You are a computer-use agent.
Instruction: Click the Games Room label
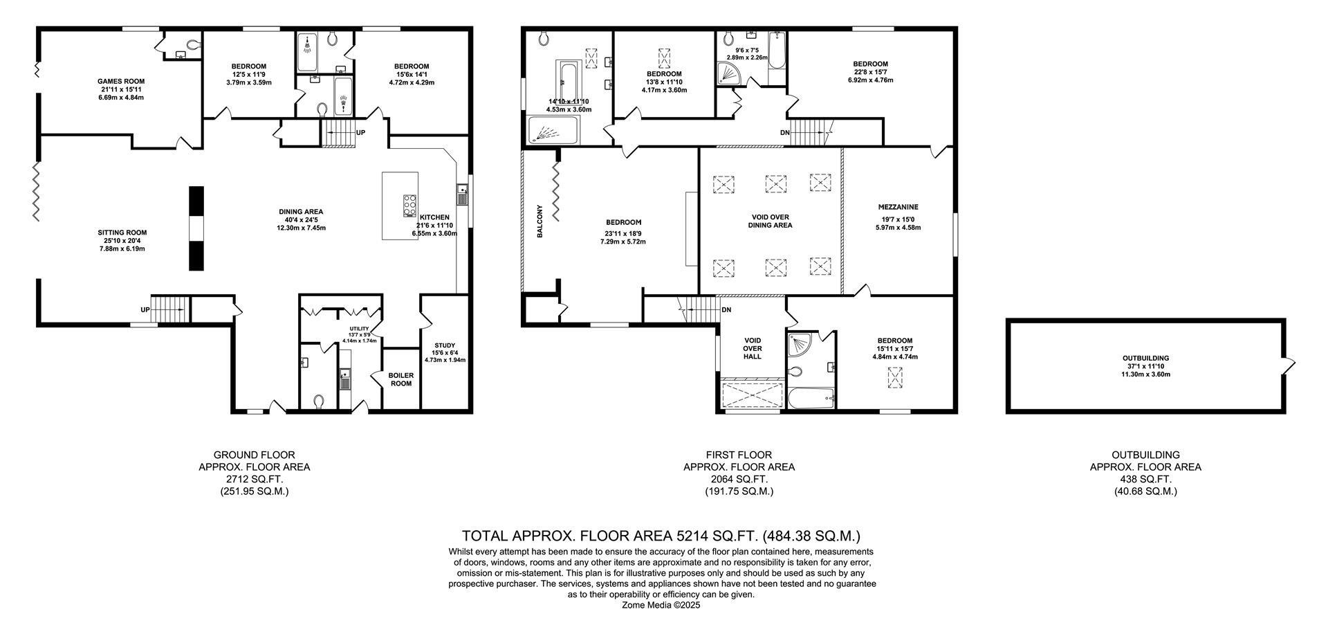121,81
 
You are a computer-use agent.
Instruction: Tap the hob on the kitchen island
409,206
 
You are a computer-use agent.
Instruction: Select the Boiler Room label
400,379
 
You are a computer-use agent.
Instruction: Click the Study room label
445,345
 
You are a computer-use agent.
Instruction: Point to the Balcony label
539,221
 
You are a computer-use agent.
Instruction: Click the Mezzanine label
898,207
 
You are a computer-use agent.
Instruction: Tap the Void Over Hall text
753,348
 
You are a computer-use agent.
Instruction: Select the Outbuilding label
1145,359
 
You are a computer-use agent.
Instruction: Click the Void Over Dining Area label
771,221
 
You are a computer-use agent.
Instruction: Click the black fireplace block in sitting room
196,228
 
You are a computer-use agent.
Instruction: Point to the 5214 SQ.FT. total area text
713,536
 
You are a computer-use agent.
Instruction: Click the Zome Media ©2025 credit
662,604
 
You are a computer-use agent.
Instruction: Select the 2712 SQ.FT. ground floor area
254,479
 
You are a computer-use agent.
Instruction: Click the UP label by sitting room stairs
145,309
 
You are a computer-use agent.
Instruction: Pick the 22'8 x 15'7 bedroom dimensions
870,72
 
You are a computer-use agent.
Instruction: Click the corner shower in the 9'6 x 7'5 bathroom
729,72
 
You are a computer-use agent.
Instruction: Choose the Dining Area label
301,212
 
